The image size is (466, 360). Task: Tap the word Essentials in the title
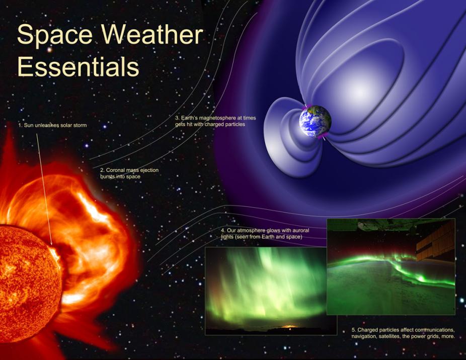(78, 67)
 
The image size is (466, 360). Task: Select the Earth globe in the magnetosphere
(315, 121)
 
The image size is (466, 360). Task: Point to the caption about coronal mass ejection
(129, 173)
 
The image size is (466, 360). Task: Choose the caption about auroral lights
(265, 233)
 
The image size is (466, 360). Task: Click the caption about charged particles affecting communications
(403, 333)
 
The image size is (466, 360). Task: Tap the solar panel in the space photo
(434, 241)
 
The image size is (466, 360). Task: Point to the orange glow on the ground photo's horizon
(290, 326)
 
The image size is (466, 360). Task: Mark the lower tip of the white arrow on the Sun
(52, 245)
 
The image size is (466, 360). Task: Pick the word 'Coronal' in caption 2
(115, 170)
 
